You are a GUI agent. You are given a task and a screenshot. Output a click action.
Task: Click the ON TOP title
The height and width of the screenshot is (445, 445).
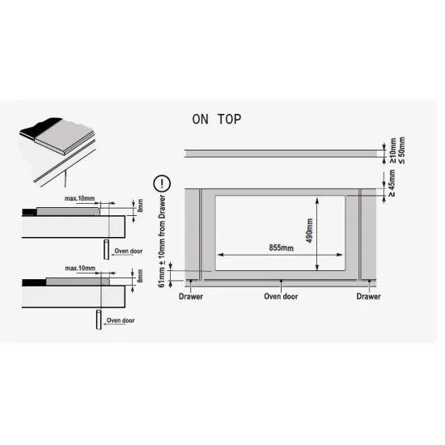pos(217,119)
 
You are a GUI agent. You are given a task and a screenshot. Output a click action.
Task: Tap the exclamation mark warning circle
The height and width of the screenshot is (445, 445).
pos(162,184)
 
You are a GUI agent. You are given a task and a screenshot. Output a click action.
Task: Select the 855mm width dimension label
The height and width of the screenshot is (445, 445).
pos(282,248)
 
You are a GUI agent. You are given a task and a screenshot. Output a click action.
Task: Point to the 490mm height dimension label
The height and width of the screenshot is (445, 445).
pos(310,231)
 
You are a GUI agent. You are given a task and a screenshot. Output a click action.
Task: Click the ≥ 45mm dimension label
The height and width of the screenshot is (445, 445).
pos(392,183)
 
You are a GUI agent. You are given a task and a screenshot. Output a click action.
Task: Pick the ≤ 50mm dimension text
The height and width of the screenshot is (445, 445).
pos(402,150)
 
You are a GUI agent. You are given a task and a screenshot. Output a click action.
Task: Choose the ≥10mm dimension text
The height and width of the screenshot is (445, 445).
pos(393,150)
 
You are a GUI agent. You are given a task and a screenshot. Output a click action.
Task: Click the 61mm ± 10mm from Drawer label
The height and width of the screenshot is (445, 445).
pos(162,241)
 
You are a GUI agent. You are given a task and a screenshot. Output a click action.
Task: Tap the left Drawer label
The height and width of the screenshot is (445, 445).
pos(191,297)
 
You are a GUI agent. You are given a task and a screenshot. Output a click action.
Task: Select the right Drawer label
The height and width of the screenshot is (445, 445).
pos(368,297)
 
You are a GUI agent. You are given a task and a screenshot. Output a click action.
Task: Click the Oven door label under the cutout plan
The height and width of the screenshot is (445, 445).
pos(281,297)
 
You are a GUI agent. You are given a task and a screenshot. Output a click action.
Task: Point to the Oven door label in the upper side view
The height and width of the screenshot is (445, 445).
pos(129,251)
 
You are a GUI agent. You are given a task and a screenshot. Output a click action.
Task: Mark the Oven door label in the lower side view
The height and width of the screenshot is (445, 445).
pos(121,320)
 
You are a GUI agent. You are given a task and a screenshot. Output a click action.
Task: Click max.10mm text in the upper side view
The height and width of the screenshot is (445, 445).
pos(80,198)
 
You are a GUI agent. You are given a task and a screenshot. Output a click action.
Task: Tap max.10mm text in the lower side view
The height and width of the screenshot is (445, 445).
pos(80,268)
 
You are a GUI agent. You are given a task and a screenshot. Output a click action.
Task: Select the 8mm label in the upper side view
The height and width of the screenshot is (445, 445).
pos(140,206)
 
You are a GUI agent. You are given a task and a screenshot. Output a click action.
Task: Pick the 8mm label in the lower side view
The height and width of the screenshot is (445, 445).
pos(140,276)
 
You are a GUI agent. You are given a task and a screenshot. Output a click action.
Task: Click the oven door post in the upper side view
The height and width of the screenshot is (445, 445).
pos(107,249)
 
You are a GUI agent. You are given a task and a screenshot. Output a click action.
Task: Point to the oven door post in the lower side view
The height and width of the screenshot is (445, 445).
pos(99,320)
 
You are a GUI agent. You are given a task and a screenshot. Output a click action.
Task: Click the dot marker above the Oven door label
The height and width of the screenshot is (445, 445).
pos(281,281)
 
